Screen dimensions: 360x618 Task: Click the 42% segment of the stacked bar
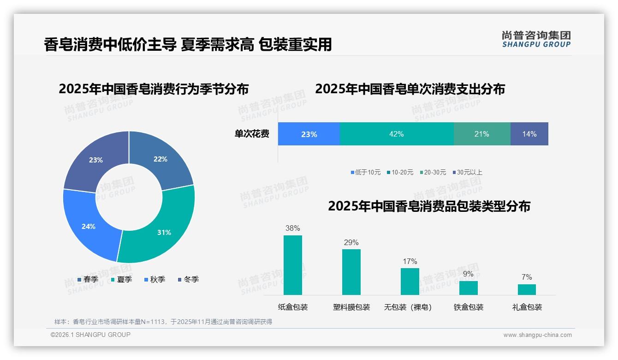pyautogui.click(x=397, y=134)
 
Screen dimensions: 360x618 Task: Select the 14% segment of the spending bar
pyautogui.click(x=529, y=134)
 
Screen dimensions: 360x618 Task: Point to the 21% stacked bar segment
pyautogui.click(x=481, y=134)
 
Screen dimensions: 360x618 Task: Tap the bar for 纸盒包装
pyautogui.click(x=292, y=265)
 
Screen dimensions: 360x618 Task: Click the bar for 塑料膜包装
pyautogui.click(x=351, y=272)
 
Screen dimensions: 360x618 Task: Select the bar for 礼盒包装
pyautogui.click(x=527, y=289)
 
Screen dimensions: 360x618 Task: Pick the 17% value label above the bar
pyautogui.click(x=410, y=262)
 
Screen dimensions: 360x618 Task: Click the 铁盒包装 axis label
pyautogui.click(x=469, y=307)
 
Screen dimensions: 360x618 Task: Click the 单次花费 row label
pyautogui.click(x=252, y=134)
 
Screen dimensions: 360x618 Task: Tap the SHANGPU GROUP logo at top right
pyautogui.click(x=536, y=39)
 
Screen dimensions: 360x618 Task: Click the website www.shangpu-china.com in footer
pyautogui.click(x=537, y=335)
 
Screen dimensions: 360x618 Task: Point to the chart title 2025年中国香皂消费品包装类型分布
pyautogui.click(x=429, y=206)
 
